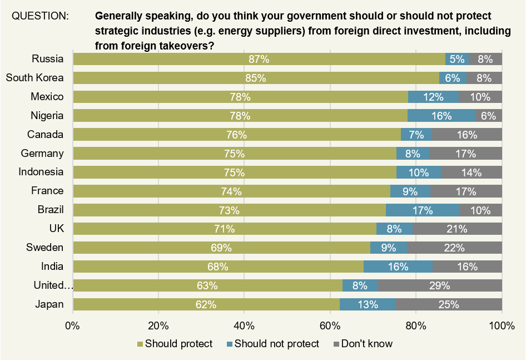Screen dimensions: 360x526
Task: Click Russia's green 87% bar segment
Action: click(x=259, y=59)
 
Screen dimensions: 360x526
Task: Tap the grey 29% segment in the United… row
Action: click(x=440, y=286)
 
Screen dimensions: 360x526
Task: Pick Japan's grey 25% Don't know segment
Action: click(x=448, y=304)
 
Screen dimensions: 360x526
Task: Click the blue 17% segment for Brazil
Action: click(x=422, y=210)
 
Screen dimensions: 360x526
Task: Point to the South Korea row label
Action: click(x=34, y=78)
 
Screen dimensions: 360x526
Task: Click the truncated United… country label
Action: click(x=53, y=286)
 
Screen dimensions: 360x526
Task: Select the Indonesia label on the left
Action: click(x=41, y=172)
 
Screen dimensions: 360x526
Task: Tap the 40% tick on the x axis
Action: click(x=244, y=326)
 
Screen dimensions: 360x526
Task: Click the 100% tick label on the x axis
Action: click(x=502, y=326)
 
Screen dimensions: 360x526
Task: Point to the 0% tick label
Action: click(x=73, y=326)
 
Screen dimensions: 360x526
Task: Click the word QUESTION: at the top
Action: click(x=40, y=16)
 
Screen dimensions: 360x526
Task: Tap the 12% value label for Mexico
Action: click(x=433, y=97)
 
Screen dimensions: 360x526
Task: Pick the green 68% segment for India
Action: click(x=218, y=267)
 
